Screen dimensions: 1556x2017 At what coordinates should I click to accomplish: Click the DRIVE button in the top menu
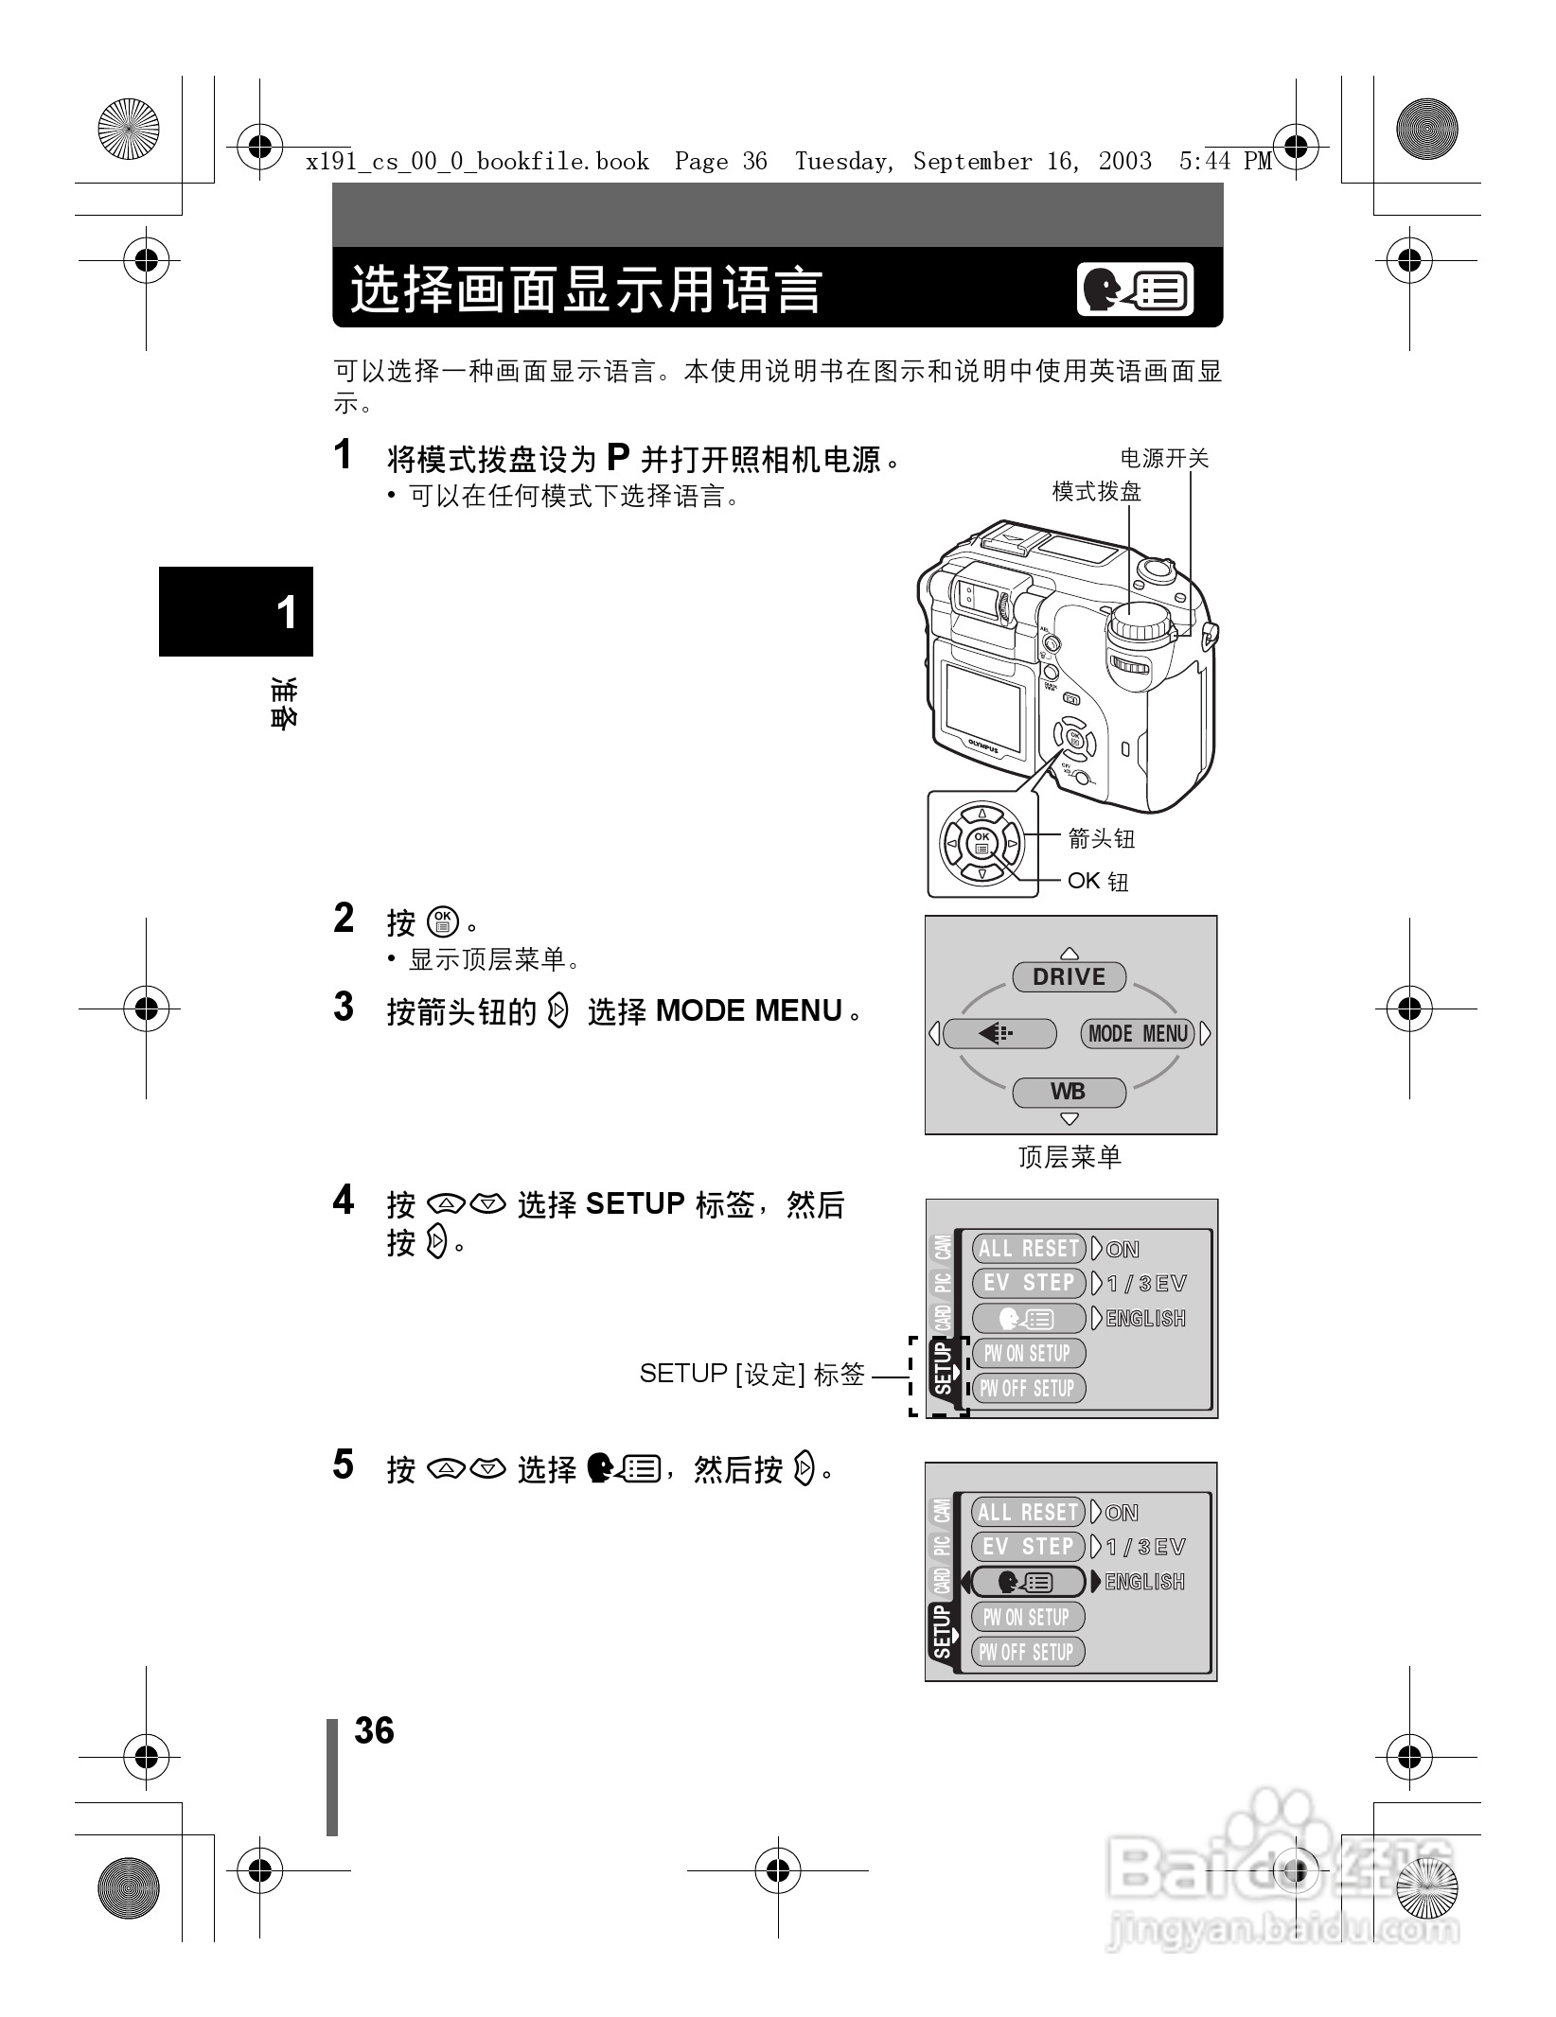pyautogui.click(x=1069, y=977)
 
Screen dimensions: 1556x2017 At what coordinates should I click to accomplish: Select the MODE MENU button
pyautogui.click(x=1138, y=1034)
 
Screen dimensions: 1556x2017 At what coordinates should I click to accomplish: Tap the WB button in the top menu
pyautogui.click(x=1069, y=1092)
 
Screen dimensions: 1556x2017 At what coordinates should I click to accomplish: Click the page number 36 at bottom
pyautogui.click(x=374, y=1730)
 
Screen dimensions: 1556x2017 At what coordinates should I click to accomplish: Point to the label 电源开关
pyautogui.click(x=1164, y=459)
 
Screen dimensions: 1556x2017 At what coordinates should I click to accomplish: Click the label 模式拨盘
pyautogui.click(x=1096, y=492)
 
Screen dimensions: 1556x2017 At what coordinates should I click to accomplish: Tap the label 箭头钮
pyautogui.click(x=1101, y=838)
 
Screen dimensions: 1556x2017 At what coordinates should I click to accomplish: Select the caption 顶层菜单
pyautogui.click(x=1070, y=1156)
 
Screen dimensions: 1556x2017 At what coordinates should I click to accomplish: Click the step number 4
pyautogui.click(x=344, y=1201)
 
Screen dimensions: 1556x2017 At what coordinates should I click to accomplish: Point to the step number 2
pyautogui.click(x=344, y=919)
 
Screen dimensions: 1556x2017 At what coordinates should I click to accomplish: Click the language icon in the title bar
pyautogui.click(x=1135, y=290)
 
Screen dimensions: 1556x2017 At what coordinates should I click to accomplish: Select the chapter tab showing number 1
pyautogui.click(x=237, y=612)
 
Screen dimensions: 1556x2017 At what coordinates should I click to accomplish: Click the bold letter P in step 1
pyautogui.click(x=618, y=459)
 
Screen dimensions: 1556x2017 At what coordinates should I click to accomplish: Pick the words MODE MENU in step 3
pyautogui.click(x=749, y=1011)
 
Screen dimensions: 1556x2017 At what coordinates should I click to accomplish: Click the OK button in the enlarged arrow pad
pyautogui.click(x=981, y=842)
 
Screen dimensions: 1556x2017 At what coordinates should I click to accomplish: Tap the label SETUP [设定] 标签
pyautogui.click(x=751, y=1374)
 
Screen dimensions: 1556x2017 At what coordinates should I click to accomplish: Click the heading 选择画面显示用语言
pyautogui.click(x=587, y=289)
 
